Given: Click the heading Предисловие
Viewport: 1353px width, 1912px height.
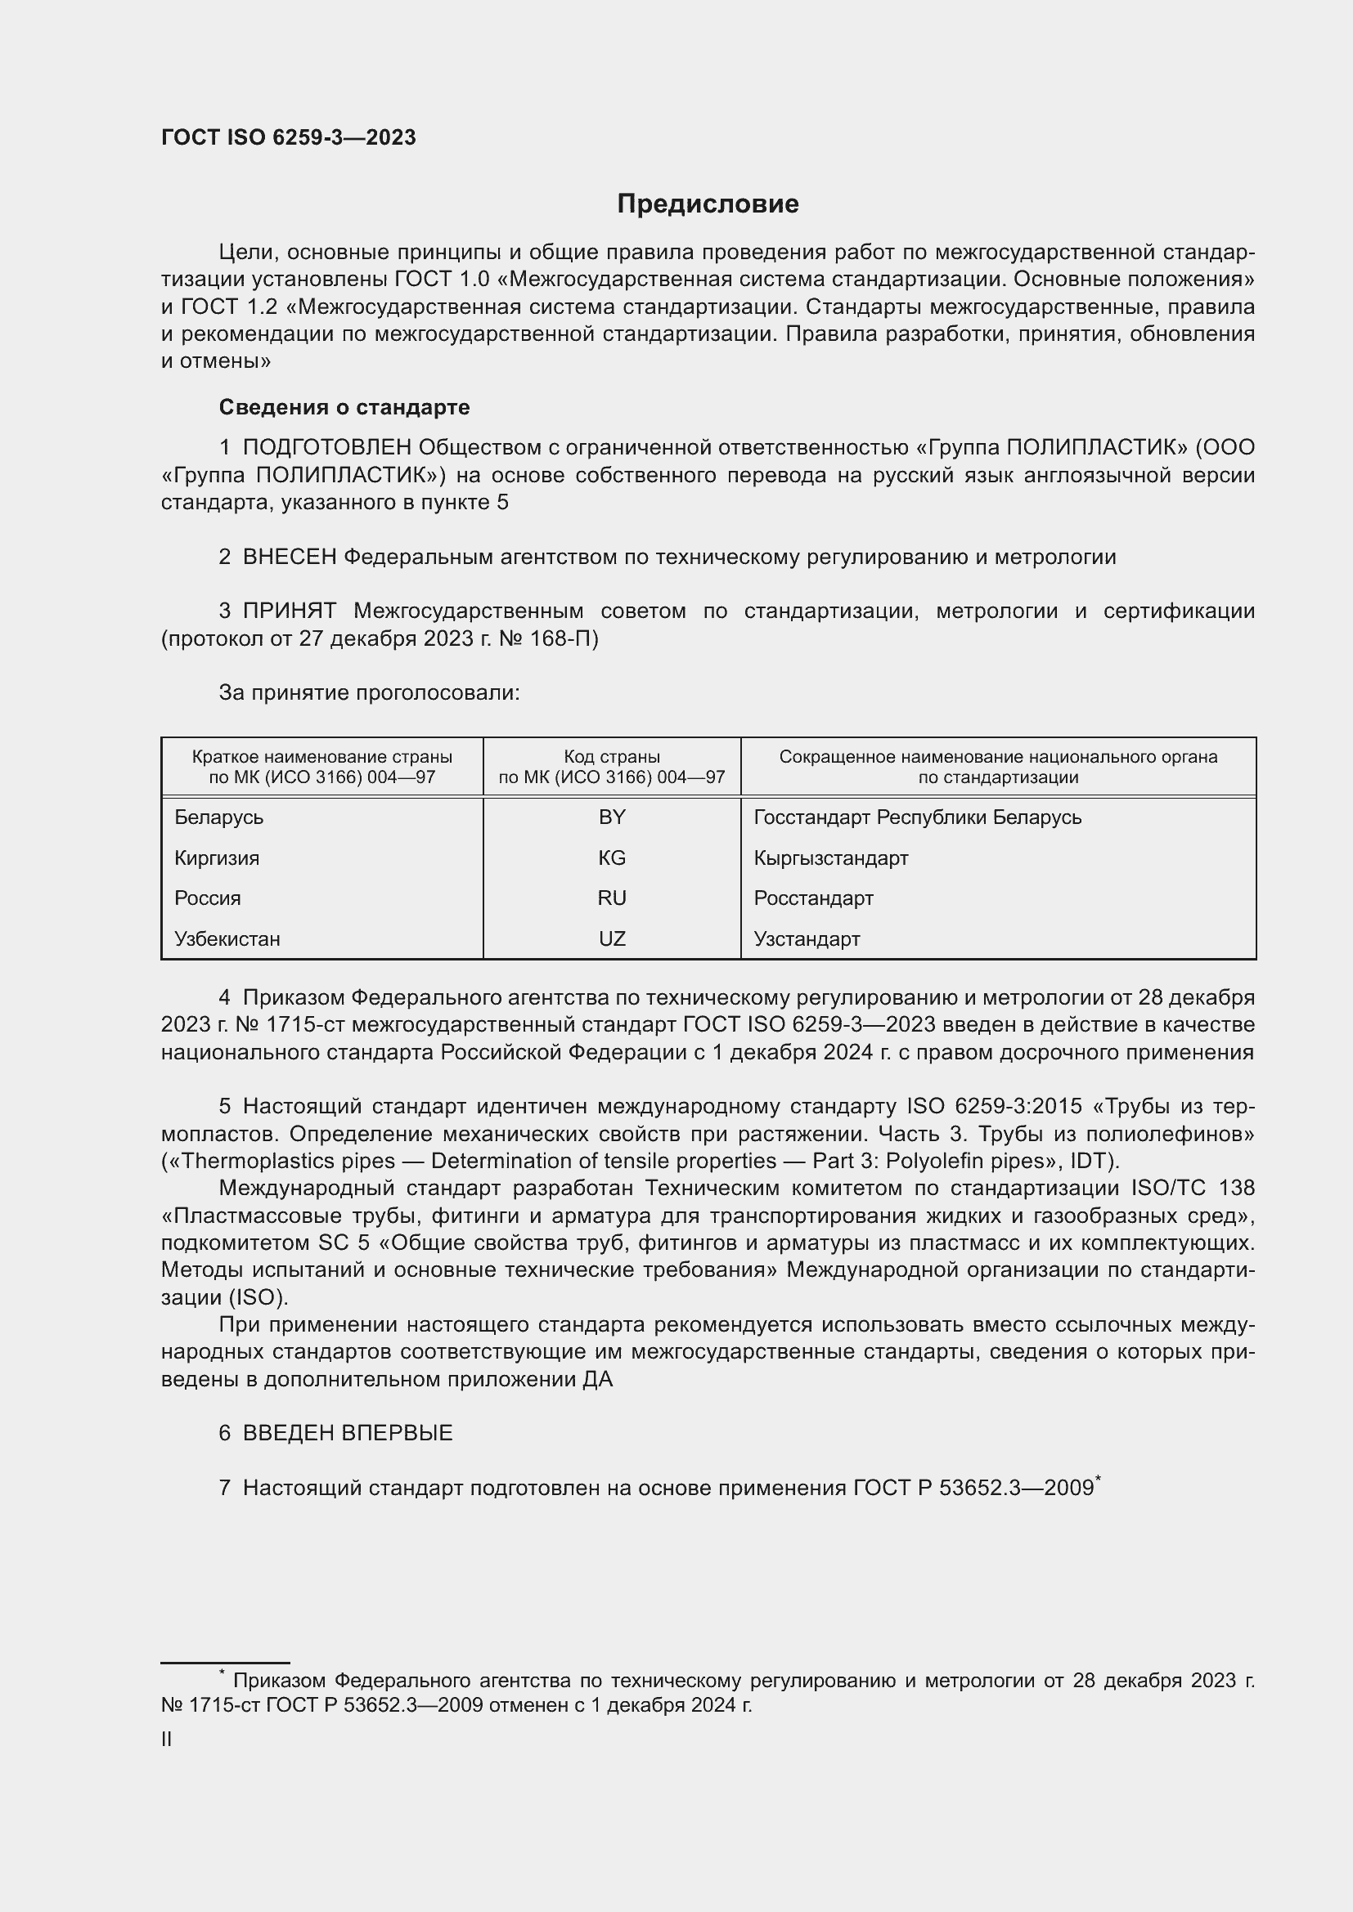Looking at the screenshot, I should (708, 204).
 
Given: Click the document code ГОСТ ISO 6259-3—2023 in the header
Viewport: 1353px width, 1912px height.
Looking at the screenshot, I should (288, 138).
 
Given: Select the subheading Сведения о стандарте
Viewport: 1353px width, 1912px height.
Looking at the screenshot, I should (344, 407).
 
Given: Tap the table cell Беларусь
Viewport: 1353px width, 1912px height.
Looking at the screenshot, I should (218, 817).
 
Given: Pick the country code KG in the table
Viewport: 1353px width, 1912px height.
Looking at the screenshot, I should (612, 857).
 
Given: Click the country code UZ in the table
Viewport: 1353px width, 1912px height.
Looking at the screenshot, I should (612, 938).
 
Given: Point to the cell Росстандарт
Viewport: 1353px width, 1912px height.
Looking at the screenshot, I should (813, 898).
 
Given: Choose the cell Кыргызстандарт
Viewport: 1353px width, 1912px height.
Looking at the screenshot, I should (830, 857).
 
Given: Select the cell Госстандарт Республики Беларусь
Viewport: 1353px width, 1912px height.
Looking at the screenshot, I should (917, 817).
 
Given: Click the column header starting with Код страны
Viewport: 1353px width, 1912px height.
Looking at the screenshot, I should (612, 767).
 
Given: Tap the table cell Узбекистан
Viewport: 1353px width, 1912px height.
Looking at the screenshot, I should (227, 938).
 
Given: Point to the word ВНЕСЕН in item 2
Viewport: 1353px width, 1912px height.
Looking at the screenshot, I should (289, 557).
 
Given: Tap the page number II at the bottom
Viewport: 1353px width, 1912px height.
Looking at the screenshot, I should (167, 1740).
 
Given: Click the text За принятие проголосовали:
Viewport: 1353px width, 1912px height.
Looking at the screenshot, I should (369, 693).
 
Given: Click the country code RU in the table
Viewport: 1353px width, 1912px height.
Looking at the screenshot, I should (612, 898).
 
